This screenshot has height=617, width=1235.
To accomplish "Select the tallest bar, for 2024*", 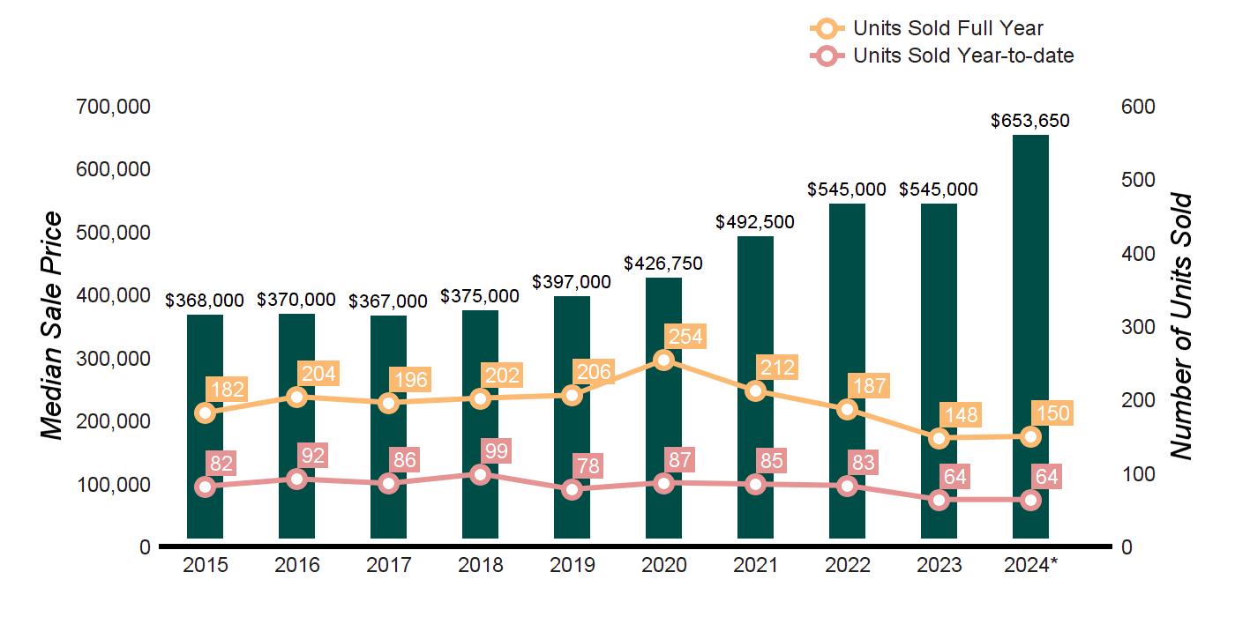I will (x=1030, y=335).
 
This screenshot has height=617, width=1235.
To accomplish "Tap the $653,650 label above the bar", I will (x=1030, y=121).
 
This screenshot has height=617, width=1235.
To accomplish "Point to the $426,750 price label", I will (x=663, y=264).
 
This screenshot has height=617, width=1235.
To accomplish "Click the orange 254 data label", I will (x=685, y=336).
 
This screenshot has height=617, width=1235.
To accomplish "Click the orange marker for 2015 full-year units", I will (x=206, y=413).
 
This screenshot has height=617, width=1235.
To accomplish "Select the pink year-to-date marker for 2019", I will (x=572, y=490).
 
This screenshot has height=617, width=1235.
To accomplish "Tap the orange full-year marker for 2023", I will (x=939, y=438).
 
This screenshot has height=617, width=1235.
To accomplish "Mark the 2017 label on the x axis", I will (x=389, y=565).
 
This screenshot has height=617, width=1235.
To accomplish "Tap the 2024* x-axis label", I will (x=1030, y=565).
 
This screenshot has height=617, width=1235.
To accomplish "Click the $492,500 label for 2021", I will (x=755, y=222).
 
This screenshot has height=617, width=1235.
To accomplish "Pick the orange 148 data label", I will (x=961, y=415).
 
